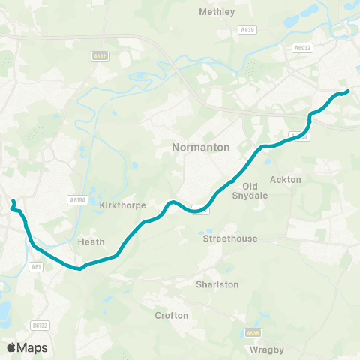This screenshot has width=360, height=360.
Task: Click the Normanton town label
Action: click(x=200, y=148)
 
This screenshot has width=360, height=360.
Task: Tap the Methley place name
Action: click(x=217, y=12)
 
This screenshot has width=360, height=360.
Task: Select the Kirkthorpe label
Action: click(x=122, y=205)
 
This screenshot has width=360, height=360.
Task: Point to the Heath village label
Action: click(x=90, y=242)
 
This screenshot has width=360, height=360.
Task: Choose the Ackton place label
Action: click(x=286, y=180)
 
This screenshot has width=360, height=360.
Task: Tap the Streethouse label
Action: click(x=230, y=238)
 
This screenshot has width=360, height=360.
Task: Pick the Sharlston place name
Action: click(x=217, y=285)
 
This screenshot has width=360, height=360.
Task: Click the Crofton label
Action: click(x=171, y=316)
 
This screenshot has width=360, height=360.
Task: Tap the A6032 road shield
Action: click(x=301, y=46)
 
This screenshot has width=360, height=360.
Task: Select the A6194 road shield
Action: click(x=77, y=200)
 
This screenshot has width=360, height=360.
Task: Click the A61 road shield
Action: click(x=34, y=266)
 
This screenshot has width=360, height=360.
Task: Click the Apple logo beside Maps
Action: click(x=11, y=347)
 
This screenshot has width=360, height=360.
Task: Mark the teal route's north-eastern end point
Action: click(x=347, y=92)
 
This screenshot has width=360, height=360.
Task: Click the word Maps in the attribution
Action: click(x=32, y=347)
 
